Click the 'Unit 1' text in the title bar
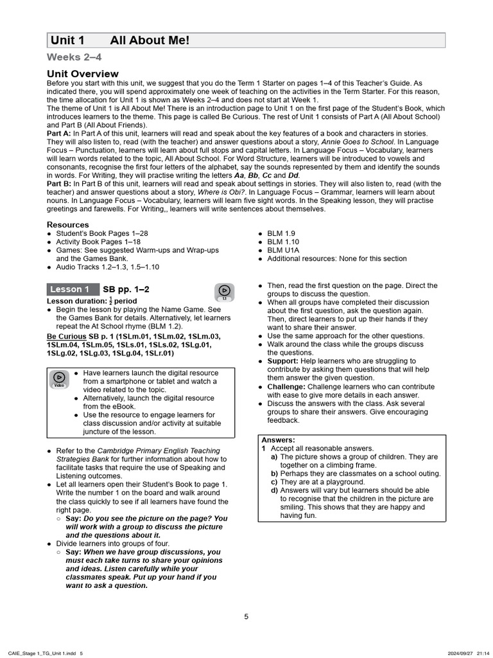pos(67,40)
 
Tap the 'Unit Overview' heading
pos(83,74)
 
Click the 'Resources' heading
pos(68,224)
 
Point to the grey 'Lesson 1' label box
pos(73,289)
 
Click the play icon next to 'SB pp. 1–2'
pos(225,292)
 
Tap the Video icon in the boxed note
pos(59,379)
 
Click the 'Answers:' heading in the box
pos(278,440)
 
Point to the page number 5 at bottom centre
pos(246,616)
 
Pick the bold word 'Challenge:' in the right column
pos(286,387)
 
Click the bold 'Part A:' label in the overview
pos(60,133)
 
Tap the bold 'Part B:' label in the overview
pos(60,183)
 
